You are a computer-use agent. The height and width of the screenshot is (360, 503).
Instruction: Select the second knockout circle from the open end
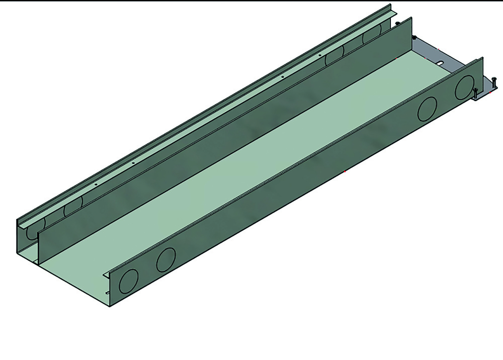click(165, 259)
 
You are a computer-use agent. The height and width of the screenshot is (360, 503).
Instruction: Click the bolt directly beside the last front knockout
click(475, 93)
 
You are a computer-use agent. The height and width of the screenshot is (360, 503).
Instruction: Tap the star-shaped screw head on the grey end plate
click(414, 38)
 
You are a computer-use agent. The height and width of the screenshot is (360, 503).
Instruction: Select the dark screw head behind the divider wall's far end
click(398, 24)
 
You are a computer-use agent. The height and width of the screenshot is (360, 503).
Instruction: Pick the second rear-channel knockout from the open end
click(73, 207)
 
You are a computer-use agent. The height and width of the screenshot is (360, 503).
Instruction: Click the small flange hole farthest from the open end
click(319, 55)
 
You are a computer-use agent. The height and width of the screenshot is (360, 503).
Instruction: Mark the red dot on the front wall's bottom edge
click(345, 172)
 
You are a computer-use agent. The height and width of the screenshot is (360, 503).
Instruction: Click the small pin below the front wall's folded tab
click(107, 293)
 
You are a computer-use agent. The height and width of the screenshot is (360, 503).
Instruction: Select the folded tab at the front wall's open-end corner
click(107, 274)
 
